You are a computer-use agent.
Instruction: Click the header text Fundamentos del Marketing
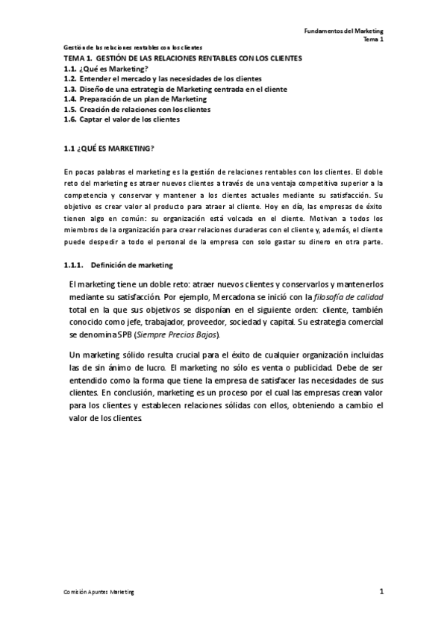pyautogui.click(x=344, y=31)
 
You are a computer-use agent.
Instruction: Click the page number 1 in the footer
pyautogui.click(x=381, y=592)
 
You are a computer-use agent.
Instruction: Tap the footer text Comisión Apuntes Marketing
pyautogui.click(x=100, y=593)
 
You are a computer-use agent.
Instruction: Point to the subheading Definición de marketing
pyautogui.click(x=131, y=265)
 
